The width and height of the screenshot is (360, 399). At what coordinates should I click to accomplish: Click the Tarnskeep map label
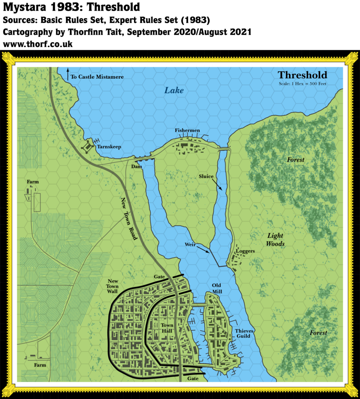coord(109,147)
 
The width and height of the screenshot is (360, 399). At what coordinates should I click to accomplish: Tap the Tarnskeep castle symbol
coord(88,146)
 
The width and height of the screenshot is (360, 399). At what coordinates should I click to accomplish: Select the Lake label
coord(174,90)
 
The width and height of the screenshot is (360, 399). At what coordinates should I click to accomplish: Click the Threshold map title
coord(302,75)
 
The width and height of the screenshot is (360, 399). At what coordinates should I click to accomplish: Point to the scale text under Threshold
coord(302,83)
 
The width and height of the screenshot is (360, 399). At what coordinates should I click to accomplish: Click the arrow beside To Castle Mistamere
coord(68,75)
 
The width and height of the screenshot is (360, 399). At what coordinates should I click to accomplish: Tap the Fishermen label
coord(187,131)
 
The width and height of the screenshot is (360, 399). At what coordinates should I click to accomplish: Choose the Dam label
coord(136,166)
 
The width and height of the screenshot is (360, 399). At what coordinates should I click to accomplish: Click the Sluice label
coord(206,177)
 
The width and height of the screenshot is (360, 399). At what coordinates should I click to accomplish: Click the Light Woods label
coord(276,240)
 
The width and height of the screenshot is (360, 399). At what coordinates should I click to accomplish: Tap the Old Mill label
coord(217,288)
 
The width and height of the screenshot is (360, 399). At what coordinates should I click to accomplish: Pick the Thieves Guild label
coord(244,333)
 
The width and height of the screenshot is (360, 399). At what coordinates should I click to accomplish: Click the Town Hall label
coord(167,328)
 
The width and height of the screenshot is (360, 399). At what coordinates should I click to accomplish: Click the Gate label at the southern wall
coord(193,378)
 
